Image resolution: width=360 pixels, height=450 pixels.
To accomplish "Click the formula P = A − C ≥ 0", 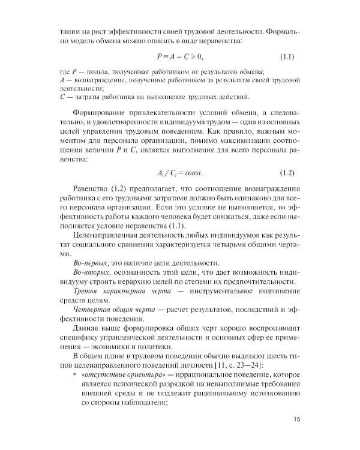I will coord(179,57).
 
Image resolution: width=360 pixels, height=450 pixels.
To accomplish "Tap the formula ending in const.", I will coord(179,173).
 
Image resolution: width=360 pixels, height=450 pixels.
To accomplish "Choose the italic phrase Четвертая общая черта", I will coord(113,308).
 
